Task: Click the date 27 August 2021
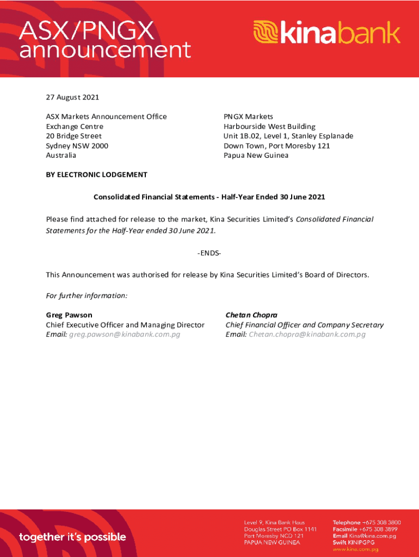point(72,97)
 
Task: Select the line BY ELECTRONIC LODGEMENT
point(96,175)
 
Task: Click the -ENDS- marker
point(209,254)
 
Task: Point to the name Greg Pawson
point(69,315)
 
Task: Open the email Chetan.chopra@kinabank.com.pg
point(307,335)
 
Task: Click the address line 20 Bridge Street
point(73,136)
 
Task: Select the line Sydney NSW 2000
point(77,146)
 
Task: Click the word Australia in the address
point(61,156)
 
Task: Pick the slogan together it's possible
point(72,537)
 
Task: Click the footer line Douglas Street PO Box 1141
point(280,529)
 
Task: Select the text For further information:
point(87,296)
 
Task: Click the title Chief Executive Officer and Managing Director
point(125,325)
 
